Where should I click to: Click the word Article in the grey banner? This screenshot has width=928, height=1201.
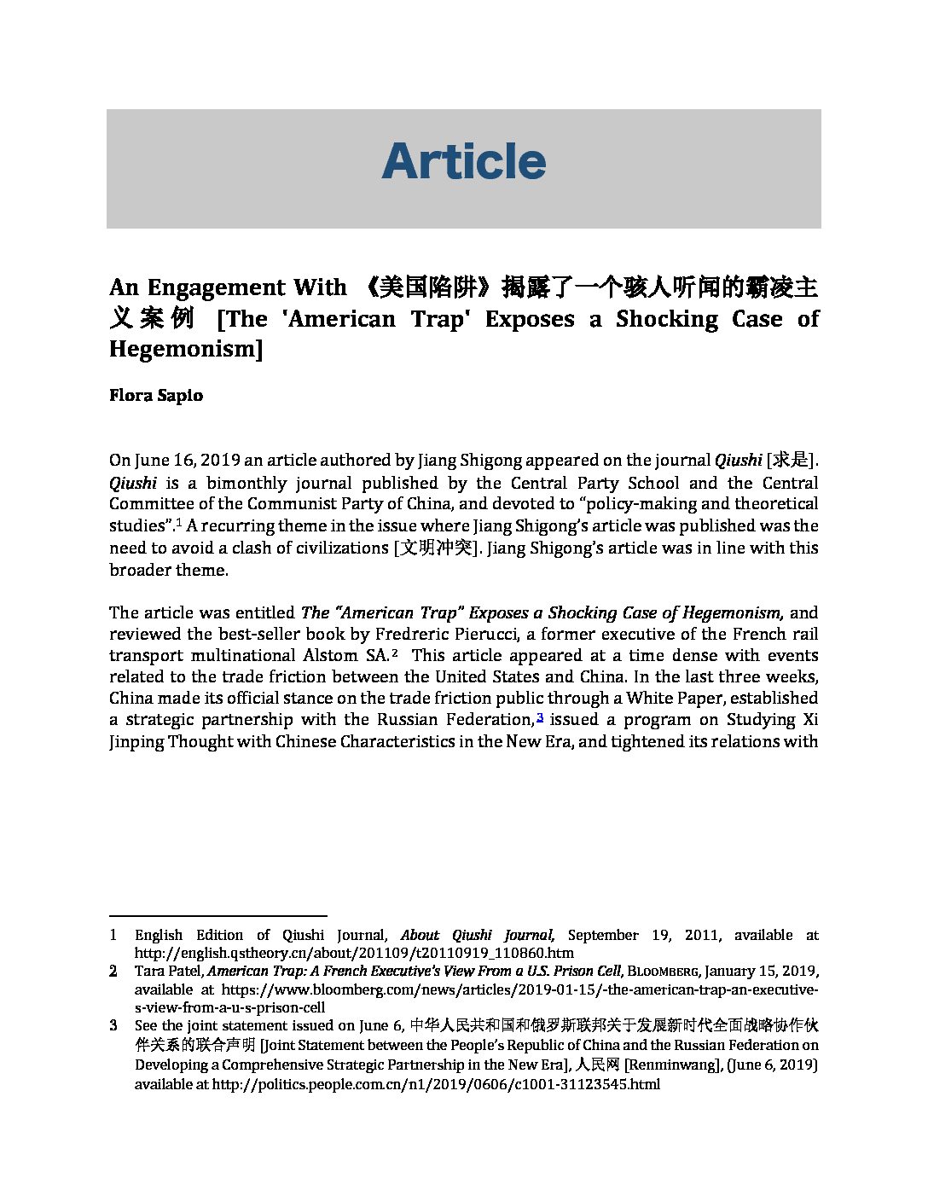[463, 161]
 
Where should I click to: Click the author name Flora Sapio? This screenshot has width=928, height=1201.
[156, 396]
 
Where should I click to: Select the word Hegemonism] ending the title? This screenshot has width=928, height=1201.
[186, 349]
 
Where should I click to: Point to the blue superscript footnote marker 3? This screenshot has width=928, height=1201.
[540, 717]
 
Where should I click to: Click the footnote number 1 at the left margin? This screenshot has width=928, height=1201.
[113, 935]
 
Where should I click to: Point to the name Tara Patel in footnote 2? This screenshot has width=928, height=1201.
[168, 972]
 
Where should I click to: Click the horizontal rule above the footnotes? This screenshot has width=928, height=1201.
[218, 915]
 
